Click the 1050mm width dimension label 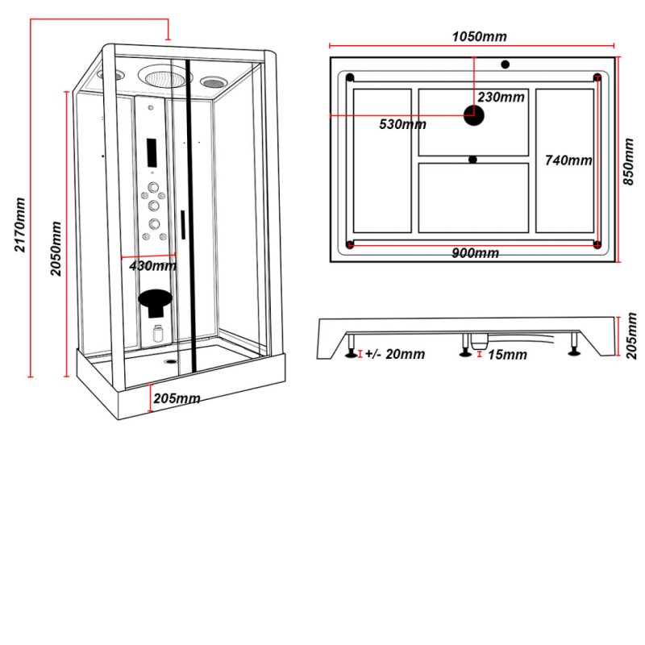[479, 36]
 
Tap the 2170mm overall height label [19, 225]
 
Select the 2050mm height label [56, 248]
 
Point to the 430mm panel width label [153, 266]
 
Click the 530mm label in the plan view [402, 124]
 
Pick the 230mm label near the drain [501, 97]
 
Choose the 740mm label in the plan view [568, 160]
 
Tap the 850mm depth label [628, 162]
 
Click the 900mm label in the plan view [476, 252]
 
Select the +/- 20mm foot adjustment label [395, 354]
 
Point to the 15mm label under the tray [508, 355]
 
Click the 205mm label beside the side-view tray [631, 336]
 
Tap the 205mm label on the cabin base [177, 398]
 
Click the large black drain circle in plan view [474, 115]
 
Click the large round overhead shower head [165, 77]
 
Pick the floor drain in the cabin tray [170, 361]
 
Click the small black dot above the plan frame [506, 64]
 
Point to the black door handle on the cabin [183, 225]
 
